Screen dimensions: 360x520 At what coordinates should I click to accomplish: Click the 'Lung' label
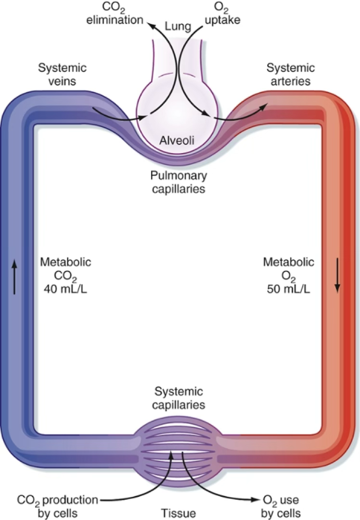179,27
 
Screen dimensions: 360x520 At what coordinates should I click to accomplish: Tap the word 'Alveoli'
177,141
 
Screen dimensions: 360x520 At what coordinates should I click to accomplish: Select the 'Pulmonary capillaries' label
179,182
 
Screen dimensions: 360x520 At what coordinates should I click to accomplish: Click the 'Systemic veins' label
62,74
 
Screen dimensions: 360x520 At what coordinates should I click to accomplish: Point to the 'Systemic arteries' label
291,74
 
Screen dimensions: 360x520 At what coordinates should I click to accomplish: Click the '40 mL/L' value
65,289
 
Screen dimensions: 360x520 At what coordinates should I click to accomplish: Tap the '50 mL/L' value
289,289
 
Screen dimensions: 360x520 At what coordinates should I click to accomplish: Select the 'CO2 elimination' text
115,14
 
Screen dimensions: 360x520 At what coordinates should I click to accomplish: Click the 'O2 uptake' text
222,14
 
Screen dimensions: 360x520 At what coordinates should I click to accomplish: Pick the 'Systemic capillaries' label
179,398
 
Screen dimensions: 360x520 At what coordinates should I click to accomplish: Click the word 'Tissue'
179,513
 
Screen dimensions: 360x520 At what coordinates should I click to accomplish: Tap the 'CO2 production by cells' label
58,506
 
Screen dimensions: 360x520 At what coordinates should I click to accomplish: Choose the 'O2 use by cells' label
281,506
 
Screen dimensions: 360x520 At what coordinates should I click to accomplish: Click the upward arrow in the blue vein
14,277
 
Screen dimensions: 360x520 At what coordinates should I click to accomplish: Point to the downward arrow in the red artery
337,275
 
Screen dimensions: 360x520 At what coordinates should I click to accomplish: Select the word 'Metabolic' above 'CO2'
65,262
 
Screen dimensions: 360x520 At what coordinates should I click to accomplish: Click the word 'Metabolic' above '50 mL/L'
289,262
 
